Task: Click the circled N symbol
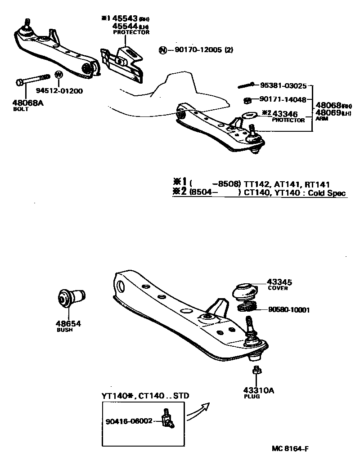162,50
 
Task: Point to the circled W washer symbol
58,74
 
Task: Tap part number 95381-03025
283,85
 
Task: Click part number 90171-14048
283,99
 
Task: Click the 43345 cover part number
279,282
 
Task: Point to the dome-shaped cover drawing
245,291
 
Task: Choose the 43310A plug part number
259,390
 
